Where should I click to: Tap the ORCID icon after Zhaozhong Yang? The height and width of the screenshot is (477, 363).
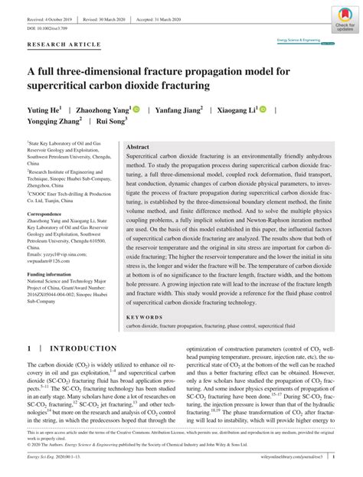click(136, 110)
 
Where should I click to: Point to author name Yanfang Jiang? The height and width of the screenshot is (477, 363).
click(180, 110)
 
